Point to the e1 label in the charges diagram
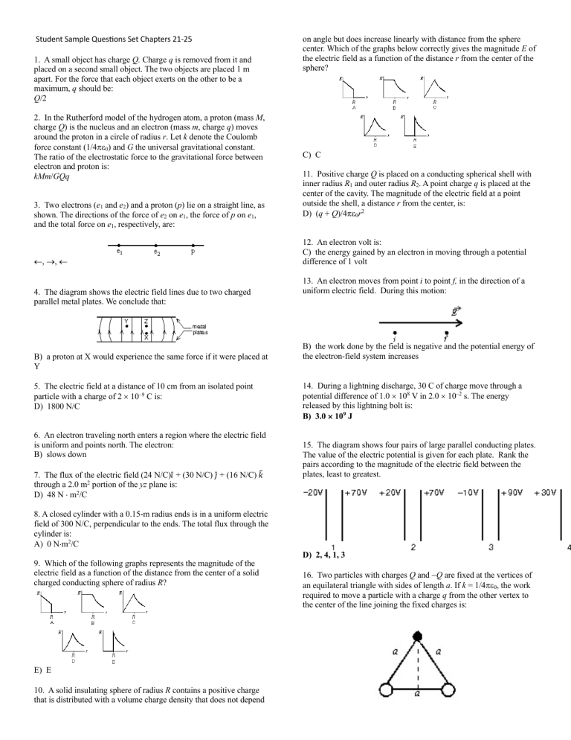click(120, 252)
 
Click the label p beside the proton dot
click(193, 252)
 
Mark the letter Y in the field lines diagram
click(126, 322)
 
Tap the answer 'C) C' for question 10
click(312, 155)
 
